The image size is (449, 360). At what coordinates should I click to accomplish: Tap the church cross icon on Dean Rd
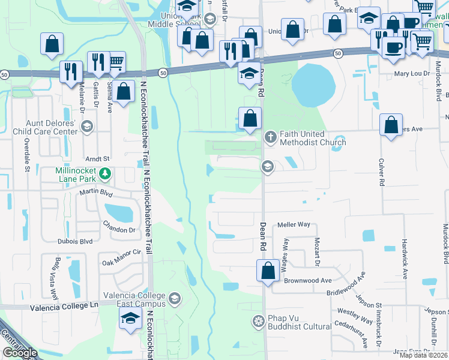coord(270,137)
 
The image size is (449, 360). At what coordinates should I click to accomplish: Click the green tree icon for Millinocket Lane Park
coord(105,174)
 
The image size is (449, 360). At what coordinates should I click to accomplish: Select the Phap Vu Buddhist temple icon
coord(259,321)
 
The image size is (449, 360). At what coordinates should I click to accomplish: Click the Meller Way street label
coord(294,225)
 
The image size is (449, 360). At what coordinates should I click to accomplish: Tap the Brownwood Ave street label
coord(309,280)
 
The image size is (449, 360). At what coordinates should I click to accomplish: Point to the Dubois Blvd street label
coord(75,241)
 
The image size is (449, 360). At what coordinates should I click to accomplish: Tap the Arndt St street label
coord(97,158)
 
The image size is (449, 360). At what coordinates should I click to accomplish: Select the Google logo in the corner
coord(20,353)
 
